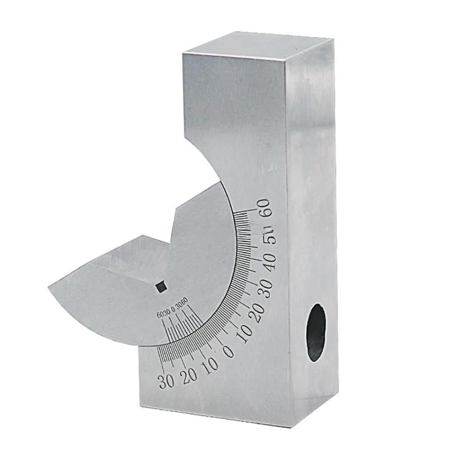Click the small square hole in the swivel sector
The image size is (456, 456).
(161, 287)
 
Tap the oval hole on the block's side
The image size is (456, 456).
(316, 332)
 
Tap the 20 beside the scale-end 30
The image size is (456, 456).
(188, 375)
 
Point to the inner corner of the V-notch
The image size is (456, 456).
(170, 240)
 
